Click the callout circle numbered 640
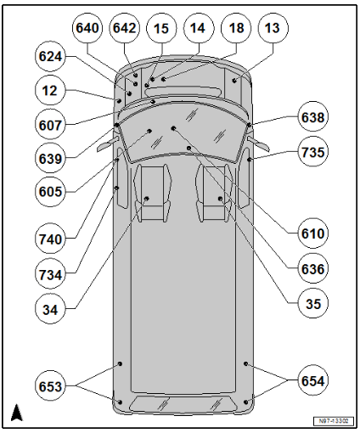(87, 28)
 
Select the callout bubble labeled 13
(273, 28)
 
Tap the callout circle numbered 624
(50, 56)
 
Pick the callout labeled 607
(50, 125)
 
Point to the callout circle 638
(312, 117)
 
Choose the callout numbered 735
(312, 152)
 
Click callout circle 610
(312, 233)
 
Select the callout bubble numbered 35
(312, 304)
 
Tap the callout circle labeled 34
(50, 309)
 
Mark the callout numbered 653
(50, 386)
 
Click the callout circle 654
(312, 380)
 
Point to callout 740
(50, 239)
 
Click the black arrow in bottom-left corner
(16, 413)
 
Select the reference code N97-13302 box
(334, 421)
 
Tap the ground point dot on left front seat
(147, 199)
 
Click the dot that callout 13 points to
(234, 81)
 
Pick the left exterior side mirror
(108, 143)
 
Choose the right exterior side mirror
(258, 143)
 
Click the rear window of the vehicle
(183, 404)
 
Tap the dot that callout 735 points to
(250, 160)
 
